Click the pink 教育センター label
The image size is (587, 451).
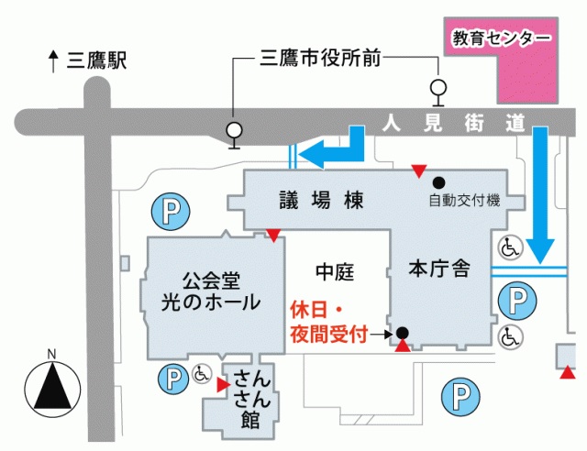point(502,38)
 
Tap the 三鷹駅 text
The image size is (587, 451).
point(96,61)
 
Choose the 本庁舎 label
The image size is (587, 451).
point(439,269)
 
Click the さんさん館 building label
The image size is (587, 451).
point(249,398)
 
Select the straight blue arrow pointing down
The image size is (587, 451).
point(540,193)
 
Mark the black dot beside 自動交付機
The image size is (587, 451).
point(438,181)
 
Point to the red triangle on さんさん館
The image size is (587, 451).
point(221,386)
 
